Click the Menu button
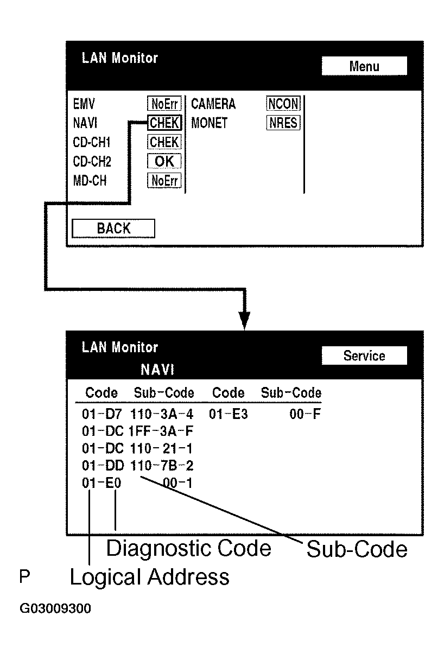364,66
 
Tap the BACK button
113,228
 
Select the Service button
364,356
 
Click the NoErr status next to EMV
164,104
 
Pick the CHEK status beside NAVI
164,123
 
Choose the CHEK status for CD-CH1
164,142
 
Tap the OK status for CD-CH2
164,161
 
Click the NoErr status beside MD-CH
164,181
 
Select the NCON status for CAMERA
283,104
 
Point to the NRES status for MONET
283,123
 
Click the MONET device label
209,123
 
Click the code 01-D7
102,415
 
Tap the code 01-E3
229,415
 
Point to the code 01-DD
102,466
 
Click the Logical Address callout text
149,577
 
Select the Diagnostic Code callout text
188,548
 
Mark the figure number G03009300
55,608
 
